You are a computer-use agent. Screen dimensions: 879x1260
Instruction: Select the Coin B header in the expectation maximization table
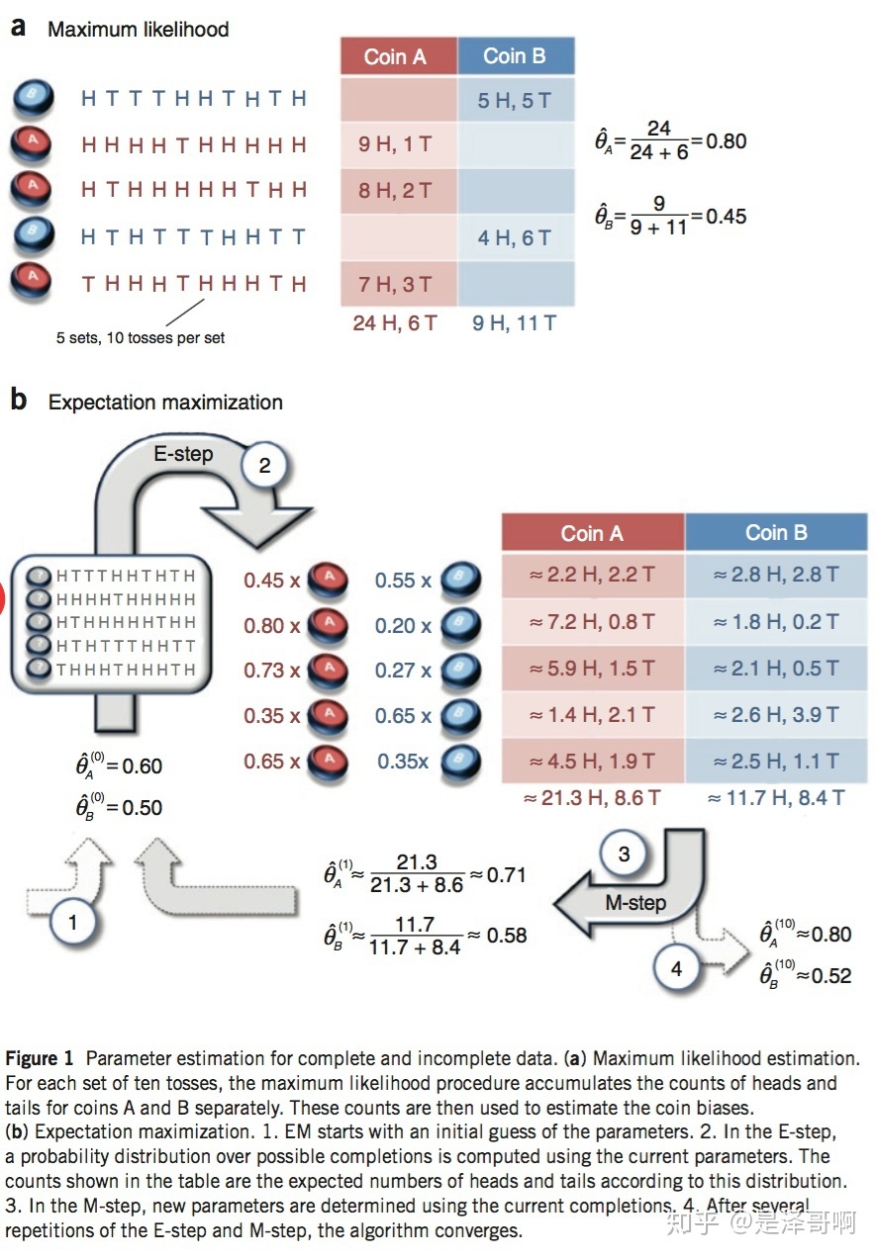(x=776, y=532)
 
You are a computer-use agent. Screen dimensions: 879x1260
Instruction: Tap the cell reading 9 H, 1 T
(x=395, y=144)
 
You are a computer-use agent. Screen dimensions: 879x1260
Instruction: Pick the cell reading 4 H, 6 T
(x=514, y=237)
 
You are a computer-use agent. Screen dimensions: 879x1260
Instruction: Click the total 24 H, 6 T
(x=395, y=322)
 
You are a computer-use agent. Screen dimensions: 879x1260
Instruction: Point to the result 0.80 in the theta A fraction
(x=727, y=140)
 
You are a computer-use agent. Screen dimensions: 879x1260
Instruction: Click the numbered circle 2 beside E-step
(x=264, y=465)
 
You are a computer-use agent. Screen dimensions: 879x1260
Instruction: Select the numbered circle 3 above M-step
(x=624, y=854)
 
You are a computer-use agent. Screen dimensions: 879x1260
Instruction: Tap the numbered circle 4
(x=676, y=968)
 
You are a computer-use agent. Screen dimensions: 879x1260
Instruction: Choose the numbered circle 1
(x=72, y=923)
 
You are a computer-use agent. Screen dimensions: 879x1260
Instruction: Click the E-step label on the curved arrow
(x=183, y=454)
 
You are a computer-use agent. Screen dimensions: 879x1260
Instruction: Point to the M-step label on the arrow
(x=635, y=902)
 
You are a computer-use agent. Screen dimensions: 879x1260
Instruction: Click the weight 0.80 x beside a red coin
(x=271, y=625)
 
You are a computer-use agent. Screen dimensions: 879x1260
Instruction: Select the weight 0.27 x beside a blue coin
(x=403, y=671)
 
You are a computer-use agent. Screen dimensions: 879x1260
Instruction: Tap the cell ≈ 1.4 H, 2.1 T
(x=592, y=714)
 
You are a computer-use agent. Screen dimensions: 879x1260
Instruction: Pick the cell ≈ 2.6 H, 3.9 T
(x=776, y=714)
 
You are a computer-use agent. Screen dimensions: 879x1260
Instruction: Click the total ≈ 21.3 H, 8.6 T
(x=592, y=797)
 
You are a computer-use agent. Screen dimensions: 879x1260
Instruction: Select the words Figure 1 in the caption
(x=39, y=1058)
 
